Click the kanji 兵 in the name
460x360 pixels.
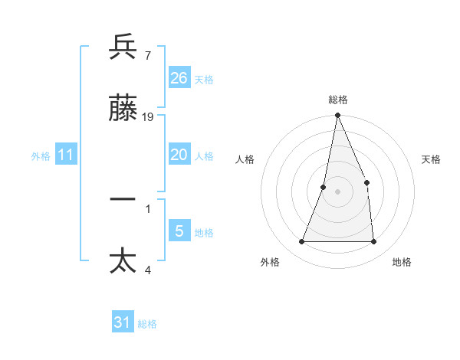click(x=123, y=48)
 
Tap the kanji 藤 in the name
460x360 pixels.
click(x=123, y=110)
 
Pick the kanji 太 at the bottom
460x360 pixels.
click(x=123, y=261)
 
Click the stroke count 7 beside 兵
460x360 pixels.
click(x=147, y=55)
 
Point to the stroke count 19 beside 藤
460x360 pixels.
click(x=148, y=116)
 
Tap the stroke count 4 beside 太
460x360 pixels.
click(x=147, y=269)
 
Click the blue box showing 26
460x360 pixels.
click(x=179, y=78)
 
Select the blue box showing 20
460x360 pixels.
click(x=179, y=155)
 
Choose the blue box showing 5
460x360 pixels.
click(x=179, y=231)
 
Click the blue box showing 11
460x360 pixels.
click(x=66, y=155)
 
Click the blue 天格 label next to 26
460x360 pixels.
click(x=204, y=80)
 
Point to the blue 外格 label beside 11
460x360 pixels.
click(x=41, y=156)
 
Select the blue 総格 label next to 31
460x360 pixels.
click(x=147, y=324)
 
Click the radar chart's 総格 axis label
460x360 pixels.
click(x=338, y=100)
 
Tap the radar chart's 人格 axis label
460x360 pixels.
click(x=245, y=159)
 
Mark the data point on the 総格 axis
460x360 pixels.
click(x=337, y=116)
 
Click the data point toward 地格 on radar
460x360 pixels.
click(x=374, y=242)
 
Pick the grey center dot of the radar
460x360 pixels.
click(x=337, y=191)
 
